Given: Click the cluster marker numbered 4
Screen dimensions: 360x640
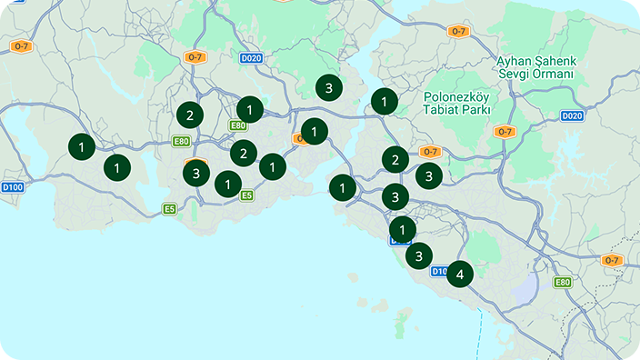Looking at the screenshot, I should tap(460, 273).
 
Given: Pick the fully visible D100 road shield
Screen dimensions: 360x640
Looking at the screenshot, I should tap(12, 187).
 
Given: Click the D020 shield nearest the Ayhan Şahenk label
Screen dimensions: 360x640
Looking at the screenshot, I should tap(572, 115).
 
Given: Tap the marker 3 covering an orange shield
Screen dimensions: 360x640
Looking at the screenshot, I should tap(195, 172).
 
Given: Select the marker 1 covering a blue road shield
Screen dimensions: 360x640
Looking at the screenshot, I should tap(402, 229).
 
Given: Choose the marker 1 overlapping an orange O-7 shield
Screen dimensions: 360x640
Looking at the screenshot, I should tap(314, 131).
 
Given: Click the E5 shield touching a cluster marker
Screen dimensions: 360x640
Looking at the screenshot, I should tap(246, 195).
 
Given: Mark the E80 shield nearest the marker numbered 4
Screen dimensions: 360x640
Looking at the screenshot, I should tap(563, 282).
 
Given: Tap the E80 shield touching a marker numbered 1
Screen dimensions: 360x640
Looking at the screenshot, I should tap(238, 125).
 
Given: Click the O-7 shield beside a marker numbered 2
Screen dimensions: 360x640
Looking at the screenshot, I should tap(430, 152).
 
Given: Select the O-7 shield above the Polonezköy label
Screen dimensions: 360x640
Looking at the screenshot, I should tap(458, 31).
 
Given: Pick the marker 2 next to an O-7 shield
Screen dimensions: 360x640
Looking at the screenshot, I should tap(395, 159).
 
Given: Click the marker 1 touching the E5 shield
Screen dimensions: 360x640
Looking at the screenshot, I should tap(227, 185).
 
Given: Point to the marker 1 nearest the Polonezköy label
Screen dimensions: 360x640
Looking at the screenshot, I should tap(385, 101).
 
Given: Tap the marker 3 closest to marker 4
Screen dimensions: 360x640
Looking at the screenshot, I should tap(418, 256).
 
